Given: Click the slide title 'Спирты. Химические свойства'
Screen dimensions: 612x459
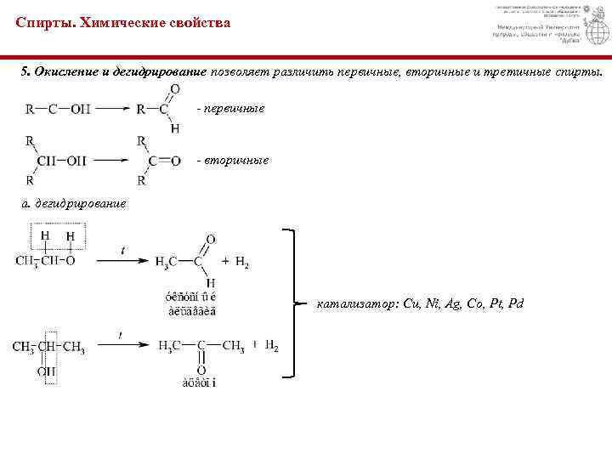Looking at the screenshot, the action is (122, 23).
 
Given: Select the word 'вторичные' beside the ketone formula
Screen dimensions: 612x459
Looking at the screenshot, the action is (233, 160).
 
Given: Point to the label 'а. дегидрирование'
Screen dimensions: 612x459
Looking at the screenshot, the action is (74, 203).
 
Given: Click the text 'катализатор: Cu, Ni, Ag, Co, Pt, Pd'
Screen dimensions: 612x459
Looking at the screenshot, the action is (420, 303).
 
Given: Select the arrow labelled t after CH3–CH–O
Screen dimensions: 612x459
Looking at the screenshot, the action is (123, 260).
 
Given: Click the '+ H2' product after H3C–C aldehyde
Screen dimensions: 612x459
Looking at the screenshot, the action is (235, 262).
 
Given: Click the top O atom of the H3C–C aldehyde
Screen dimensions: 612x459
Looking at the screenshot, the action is (210, 240).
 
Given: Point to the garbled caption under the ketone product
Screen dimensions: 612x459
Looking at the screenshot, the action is (197, 382).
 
